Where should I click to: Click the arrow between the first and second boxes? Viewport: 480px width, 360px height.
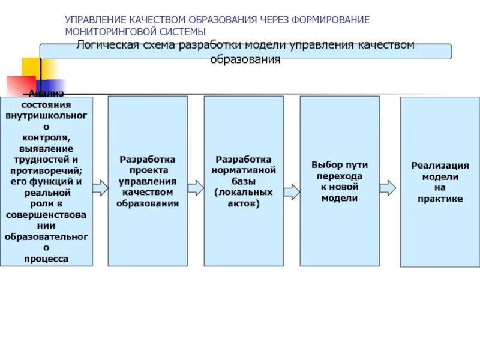(x=100, y=188)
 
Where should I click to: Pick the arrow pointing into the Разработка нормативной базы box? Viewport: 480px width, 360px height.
(x=196, y=188)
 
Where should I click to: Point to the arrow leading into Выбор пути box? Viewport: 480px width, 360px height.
(x=292, y=191)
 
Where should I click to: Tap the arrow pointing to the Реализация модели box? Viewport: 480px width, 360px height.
(x=388, y=188)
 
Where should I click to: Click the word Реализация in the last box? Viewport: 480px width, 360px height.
(x=440, y=165)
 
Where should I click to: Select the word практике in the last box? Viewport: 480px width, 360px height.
(x=440, y=199)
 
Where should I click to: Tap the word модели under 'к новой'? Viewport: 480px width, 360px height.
(x=340, y=198)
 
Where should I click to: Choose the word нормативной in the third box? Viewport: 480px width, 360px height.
(x=244, y=170)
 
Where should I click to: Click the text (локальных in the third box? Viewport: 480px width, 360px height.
(x=244, y=192)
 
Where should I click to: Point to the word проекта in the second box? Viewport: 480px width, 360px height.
(x=148, y=170)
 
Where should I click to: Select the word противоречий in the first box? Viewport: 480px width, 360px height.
(x=46, y=170)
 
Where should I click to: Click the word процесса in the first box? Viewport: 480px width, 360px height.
(x=46, y=259)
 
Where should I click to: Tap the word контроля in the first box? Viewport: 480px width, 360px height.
(x=46, y=137)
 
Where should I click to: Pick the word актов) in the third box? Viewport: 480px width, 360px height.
(x=244, y=203)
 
